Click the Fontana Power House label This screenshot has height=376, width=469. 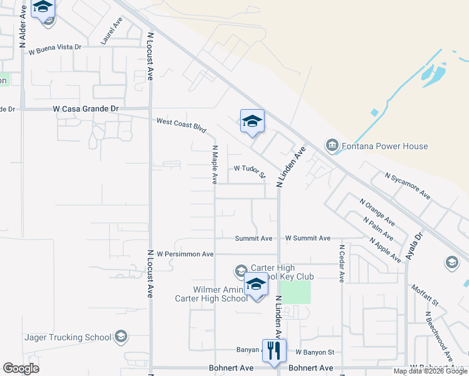[385, 147]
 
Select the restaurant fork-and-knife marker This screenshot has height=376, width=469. [273, 351]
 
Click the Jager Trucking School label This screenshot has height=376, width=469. [68, 337]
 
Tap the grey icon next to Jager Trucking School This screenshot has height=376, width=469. [122, 337]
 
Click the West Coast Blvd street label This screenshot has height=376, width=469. [181, 125]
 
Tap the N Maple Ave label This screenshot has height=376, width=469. [214, 165]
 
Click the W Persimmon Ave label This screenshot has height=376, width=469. [185, 254]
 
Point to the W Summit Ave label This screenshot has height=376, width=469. [307, 239]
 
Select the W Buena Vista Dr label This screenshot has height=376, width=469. [55, 48]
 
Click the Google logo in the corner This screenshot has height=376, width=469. [21, 368]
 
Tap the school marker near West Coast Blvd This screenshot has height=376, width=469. [252, 122]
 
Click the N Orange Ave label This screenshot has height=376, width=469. [377, 212]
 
